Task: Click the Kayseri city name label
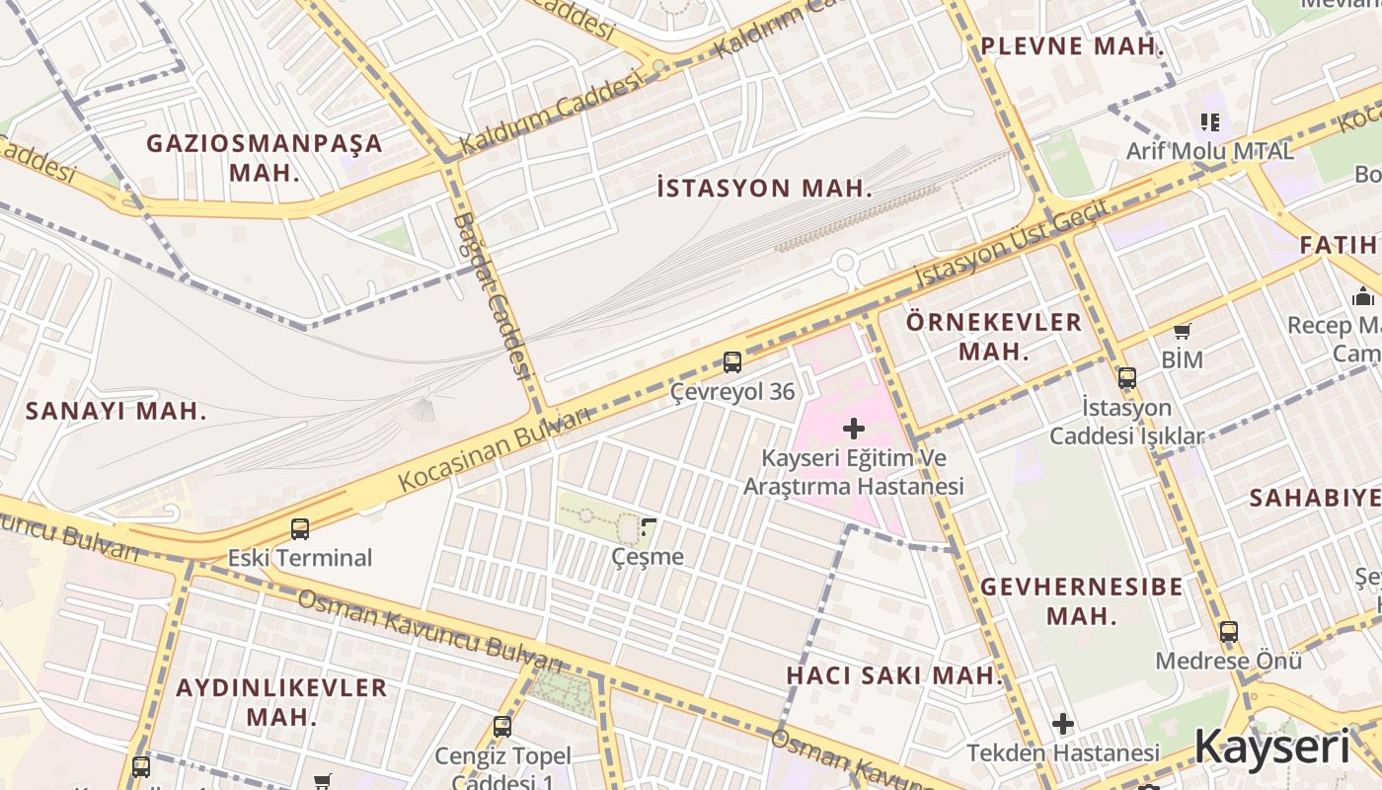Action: pos(1271,747)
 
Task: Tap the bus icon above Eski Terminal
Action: pos(300,529)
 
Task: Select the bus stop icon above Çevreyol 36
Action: pos(731,362)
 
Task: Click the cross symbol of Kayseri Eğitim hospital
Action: pos(854,429)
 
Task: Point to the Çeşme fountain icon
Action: pos(649,527)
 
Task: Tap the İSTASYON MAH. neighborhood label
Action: pos(765,189)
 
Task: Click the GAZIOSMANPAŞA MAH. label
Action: pos(264,157)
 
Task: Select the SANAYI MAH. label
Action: pos(116,412)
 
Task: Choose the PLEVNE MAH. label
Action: pos(1072,46)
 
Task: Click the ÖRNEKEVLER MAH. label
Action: pos(994,337)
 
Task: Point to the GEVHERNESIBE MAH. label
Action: pos(1081,601)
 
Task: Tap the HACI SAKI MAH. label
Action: pos(894,675)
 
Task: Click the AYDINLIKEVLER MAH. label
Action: pos(281,702)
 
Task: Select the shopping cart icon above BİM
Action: pos(1182,332)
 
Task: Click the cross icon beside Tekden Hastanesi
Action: pos(1062,724)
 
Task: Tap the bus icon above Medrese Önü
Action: pos(1228,632)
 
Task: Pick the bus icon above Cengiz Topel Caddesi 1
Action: pos(502,727)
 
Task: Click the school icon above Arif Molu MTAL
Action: pos(1210,122)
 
